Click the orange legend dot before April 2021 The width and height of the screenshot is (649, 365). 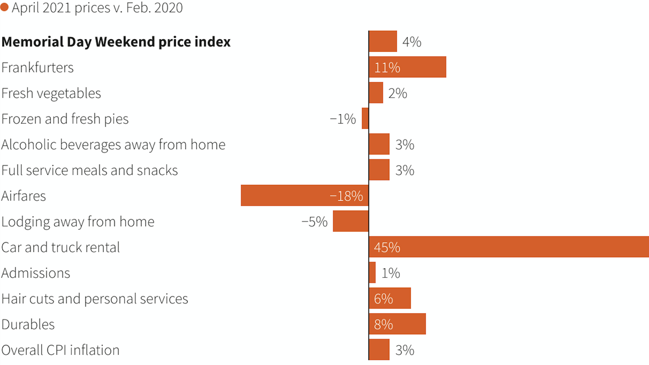(x=4, y=7)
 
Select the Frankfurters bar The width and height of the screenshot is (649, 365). (x=407, y=67)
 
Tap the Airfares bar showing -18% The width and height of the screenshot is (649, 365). (x=304, y=195)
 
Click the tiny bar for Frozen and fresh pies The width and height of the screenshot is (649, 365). (x=365, y=118)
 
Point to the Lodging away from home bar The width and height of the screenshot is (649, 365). (x=351, y=221)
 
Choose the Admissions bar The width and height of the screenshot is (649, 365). (x=372, y=272)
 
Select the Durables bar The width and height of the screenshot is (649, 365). (x=397, y=324)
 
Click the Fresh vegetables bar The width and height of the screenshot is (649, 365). (x=376, y=93)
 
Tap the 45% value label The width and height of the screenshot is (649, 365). (x=387, y=247)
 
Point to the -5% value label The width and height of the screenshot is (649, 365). (x=314, y=222)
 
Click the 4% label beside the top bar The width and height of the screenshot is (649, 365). (x=412, y=42)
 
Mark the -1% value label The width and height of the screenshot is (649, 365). (x=343, y=119)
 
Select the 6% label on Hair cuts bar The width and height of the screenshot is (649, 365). (x=383, y=299)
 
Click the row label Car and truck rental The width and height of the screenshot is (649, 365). (x=61, y=247)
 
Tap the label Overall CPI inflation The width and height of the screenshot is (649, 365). (x=61, y=350)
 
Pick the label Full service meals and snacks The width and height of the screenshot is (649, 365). (x=90, y=170)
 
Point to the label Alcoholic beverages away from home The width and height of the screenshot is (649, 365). (x=113, y=145)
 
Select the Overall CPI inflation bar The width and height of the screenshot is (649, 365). (x=379, y=349)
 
